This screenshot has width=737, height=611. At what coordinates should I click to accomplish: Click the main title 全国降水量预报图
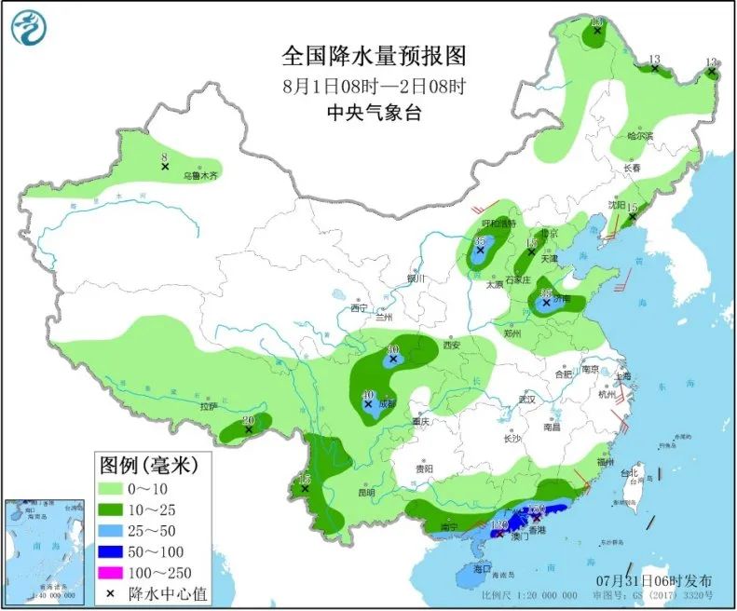(x=373, y=57)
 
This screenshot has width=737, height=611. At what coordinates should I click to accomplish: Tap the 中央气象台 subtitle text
(x=373, y=113)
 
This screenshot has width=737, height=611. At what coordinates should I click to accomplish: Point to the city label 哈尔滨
(x=640, y=136)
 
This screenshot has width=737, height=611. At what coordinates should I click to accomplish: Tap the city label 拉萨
(x=206, y=406)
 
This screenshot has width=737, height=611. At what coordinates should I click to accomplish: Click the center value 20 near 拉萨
(x=248, y=420)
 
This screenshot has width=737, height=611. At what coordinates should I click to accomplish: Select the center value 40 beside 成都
(x=368, y=395)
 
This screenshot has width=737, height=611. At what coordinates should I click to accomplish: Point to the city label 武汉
(x=528, y=399)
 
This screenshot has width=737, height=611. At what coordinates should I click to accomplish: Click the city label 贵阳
(x=425, y=469)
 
